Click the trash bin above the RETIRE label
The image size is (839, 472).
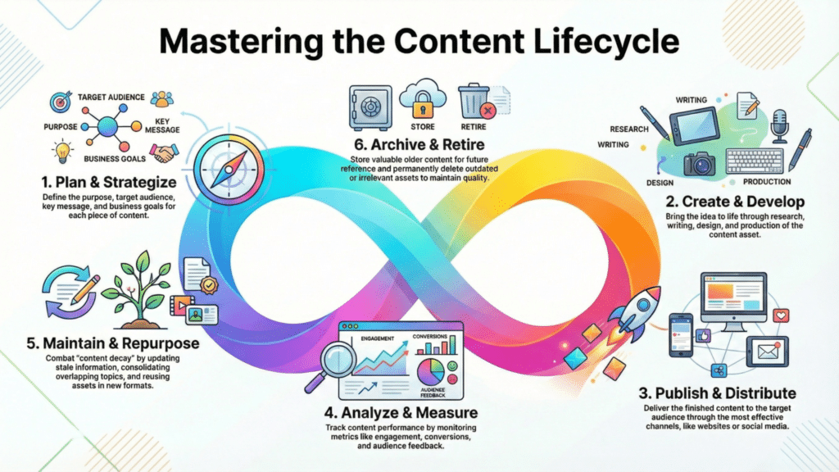(x=473, y=103)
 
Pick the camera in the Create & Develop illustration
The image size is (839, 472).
(x=700, y=164)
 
